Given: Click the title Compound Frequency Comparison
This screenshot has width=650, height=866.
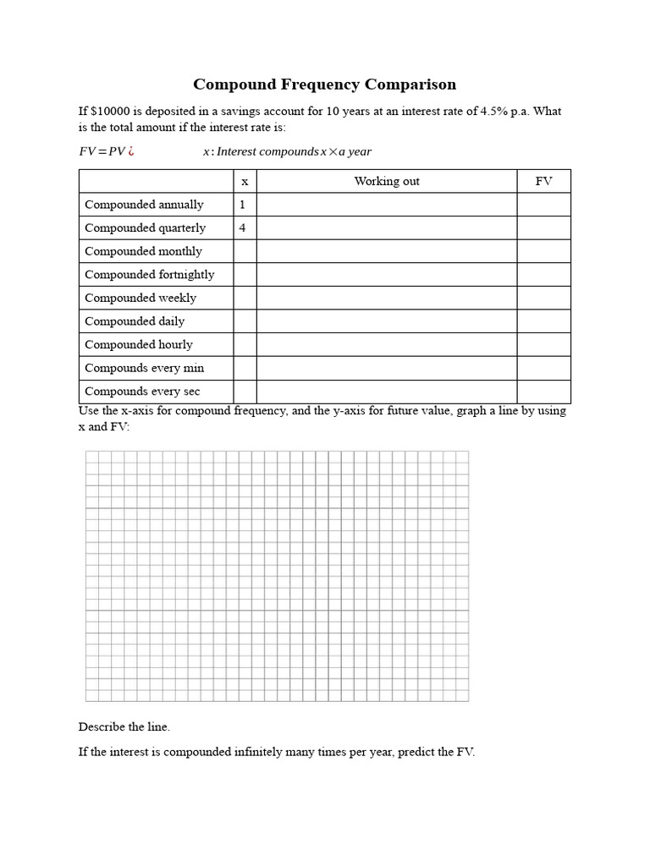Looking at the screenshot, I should (x=324, y=84).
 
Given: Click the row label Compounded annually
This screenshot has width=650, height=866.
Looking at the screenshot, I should (x=144, y=205).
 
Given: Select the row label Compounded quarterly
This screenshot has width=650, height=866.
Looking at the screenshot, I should (x=145, y=227).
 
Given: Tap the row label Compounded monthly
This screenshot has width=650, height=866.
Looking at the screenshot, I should (x=143, y=251).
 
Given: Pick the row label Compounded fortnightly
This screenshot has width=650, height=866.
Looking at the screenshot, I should (x=149, y=274).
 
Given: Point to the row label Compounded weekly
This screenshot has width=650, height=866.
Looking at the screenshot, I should (x=140, y=298).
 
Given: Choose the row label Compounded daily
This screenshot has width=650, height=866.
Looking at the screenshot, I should (x=134, y=321).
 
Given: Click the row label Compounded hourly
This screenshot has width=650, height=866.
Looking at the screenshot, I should (x=138, y=344).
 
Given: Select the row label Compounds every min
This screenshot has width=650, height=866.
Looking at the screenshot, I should (x=144, y=368).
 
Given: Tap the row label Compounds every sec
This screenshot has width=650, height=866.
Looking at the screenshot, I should (x=142, y=392).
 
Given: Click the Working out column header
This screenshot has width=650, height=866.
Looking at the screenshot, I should (x=386, y=181).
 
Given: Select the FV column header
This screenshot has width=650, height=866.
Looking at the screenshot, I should (x=543, y=181).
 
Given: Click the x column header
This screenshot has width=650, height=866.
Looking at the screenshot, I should (x=245, y=181).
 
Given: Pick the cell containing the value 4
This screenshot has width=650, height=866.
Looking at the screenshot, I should (x=242, y=227).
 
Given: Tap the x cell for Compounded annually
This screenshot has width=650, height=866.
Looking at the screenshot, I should (x=242, y=205).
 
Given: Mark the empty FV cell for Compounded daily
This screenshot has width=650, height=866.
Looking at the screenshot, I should (x=543, y=321).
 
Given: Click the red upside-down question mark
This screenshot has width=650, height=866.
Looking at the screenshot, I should (x=132, y=151).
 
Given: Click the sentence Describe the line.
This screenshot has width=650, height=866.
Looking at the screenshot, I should (x=124, y=726).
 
